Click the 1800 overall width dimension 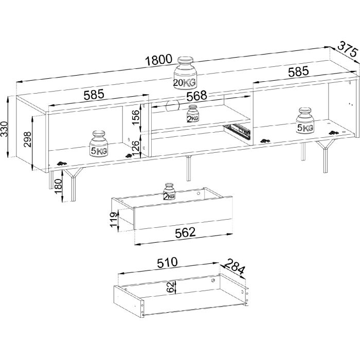(x=158, y=60)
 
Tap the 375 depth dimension (x=348, y=52)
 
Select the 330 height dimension (x=4, y=129)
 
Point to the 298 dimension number (x=27, y=139)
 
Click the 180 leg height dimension (x=58, y=186)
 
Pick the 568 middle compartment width (x=196, y=96)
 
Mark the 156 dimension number (x=135, y=117)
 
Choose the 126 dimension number (x=135, y=149)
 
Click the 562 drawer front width (x=185, y=232)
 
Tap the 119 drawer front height (x=113, y=220)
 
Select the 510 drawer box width (x=167, y=262)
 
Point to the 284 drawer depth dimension (x=234, y=266)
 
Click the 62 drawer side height (x=170, y=287)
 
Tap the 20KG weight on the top (x=185, y=73)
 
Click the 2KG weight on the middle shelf (x=193, y=114)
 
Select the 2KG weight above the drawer (x=169, y=191)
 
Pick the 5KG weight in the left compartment (x=99, y=144)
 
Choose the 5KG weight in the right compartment (x=305, y=120)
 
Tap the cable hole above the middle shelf (x=173, y=106)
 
